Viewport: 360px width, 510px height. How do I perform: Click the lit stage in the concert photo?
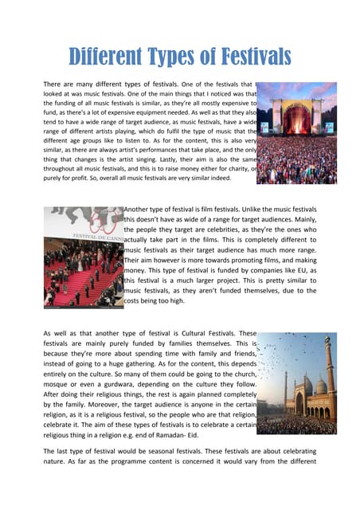point(296,120)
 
